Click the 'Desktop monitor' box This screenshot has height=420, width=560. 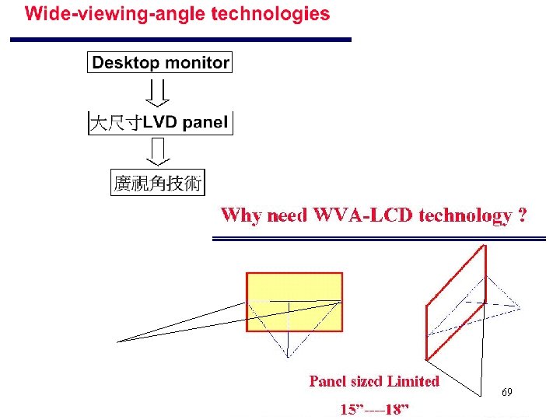coord(160,63)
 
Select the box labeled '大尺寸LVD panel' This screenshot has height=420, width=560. coord(160,123)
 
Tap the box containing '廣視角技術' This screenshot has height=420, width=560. coord(158,184)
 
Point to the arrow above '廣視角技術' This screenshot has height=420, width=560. coord(159,152)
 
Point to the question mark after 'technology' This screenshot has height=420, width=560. coord(522,215)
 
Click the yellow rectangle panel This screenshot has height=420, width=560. coord(294,302)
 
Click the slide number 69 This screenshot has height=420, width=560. coord(506,393)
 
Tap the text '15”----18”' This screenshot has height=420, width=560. coord(374,409)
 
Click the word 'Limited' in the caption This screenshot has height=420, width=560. coord(414,381)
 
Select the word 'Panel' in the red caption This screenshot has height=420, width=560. coord(327,381)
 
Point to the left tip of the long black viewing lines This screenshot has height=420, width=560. coord(118,341)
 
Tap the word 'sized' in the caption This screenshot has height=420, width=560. coord(367,381)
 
